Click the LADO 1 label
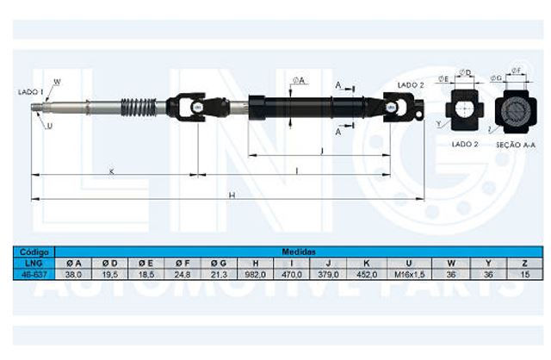coord(31,90)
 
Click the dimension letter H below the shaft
coord(232,196)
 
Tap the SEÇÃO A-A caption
coord(514,145)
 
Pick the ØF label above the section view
coord(515,69)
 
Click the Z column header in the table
coord(524,263)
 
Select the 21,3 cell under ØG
coord(219,273)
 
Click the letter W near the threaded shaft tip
coord(57,81)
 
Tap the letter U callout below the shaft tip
coord(48,127)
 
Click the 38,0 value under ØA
coord(73,273)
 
